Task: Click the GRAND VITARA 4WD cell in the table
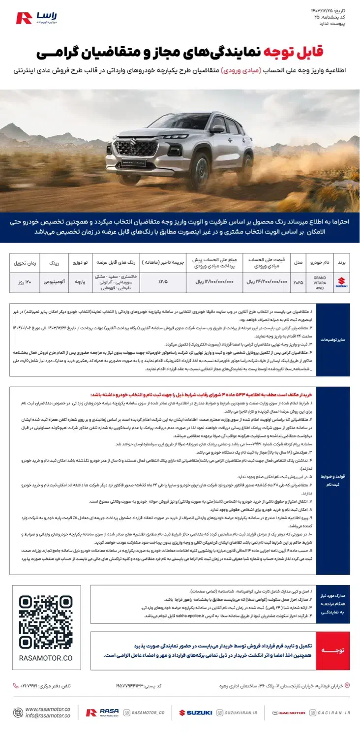(x=320, y=283)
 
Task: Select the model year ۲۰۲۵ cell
(x=298, y=283)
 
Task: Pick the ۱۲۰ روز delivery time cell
(x=25, y=283)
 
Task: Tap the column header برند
(x=342, y=263)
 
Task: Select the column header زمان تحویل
(x=25, y=263)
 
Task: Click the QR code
(x=45, y=622)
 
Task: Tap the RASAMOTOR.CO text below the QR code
(x=45, y=658)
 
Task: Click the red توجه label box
(x=333, y=650)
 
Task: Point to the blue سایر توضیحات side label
(x=333, y=339)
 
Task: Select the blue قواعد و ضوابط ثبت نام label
(x=333, y=480)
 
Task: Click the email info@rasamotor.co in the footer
(x=48, y=715)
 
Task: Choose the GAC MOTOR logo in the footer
(x=289, y=712)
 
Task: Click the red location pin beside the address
(x=347, y=685)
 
